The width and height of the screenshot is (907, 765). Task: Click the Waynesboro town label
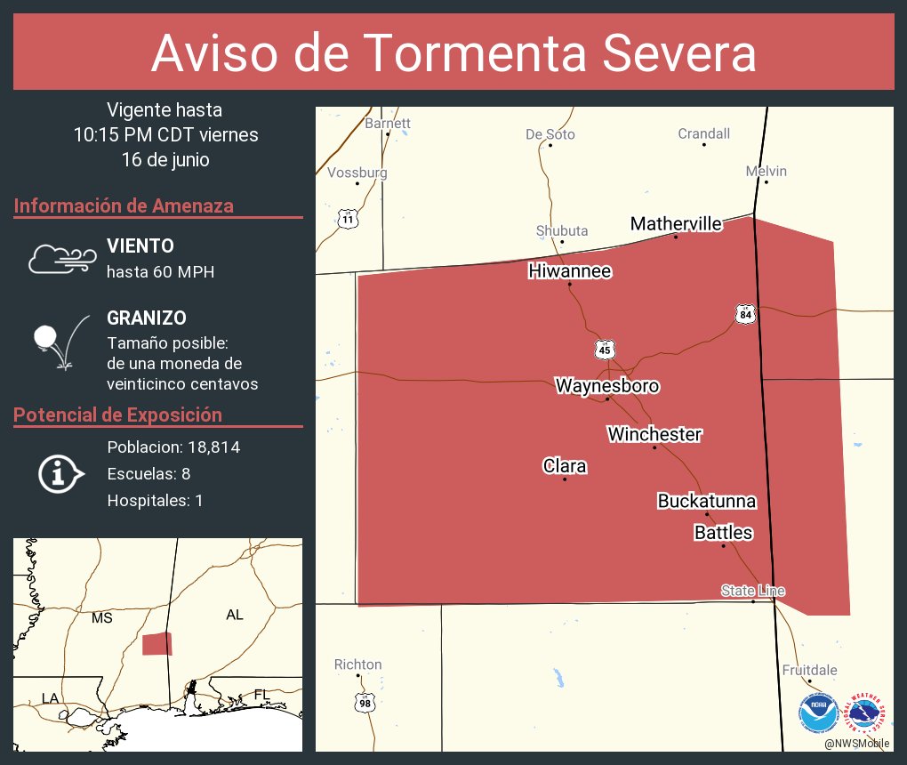[x=607, y=386]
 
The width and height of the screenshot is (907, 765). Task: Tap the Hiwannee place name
[x=570, y=270]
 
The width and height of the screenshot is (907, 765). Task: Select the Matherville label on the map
[x=676, y=223]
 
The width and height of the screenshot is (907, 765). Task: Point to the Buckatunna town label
[x=707, y=501]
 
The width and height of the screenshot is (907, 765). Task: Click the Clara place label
[x=565, y=466]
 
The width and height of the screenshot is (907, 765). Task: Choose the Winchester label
[x=654, y=434]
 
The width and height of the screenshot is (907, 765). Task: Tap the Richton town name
[x=357, y=664]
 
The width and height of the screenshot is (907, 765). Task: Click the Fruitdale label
[x=809, y=670]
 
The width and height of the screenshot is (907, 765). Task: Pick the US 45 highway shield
[x=605, y=349]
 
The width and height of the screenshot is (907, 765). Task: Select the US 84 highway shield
[x=745, y=313]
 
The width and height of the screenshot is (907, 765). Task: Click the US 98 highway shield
[x=365, y=703]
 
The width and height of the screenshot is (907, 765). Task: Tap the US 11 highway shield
[x=348, y=218]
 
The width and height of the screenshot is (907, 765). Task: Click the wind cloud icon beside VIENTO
[x=61, y=258]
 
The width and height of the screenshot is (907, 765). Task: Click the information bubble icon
[x=60, y=473]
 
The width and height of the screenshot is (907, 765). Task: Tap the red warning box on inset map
[x=157, y=644]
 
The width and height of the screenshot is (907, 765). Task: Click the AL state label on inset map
[x=235, y=615]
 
